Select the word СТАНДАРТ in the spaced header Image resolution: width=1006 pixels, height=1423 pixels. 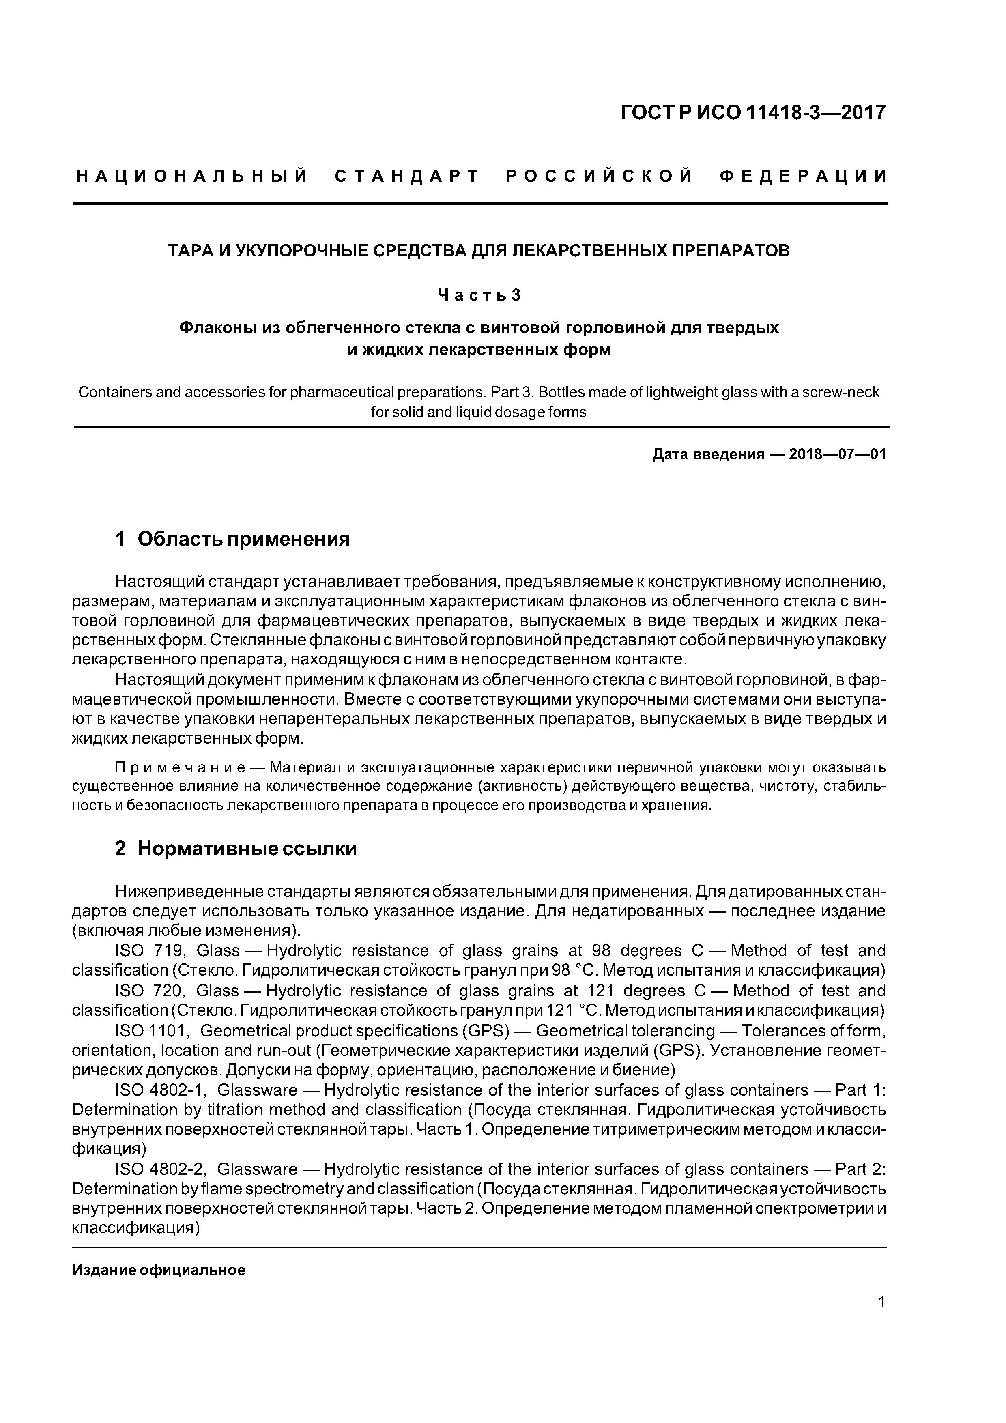(407, 176)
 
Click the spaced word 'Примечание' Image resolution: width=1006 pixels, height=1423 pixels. (180, 769)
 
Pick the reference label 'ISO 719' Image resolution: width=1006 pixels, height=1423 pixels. (148, 951)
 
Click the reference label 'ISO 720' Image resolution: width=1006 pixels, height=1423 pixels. (148, 991)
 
